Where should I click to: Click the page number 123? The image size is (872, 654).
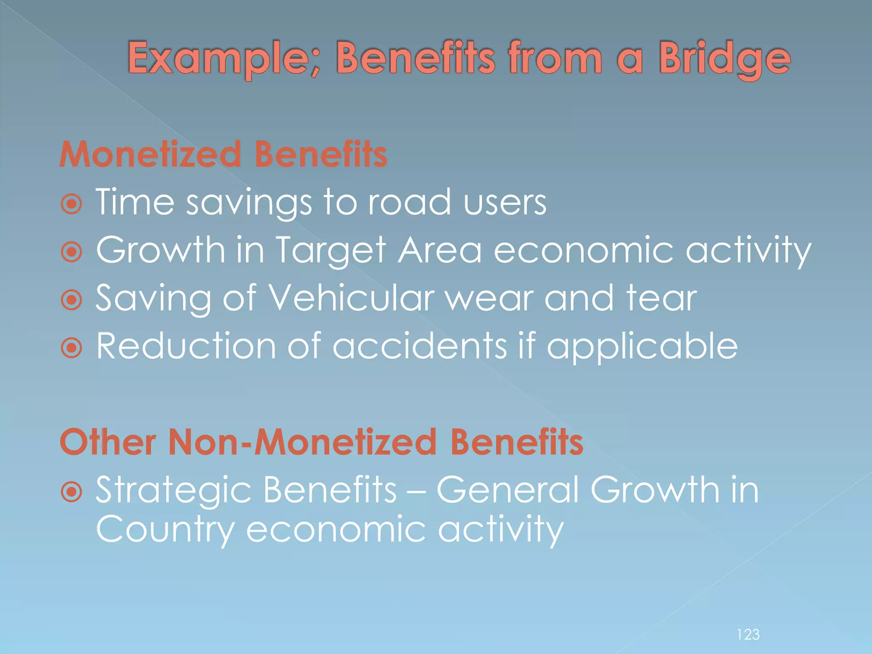pos(748,634)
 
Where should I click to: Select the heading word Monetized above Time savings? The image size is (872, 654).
pos(151,154)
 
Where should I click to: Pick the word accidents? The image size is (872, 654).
pos(419,346)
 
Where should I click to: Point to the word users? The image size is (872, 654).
pos(505,203)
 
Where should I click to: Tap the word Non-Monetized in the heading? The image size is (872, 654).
pos(302,442)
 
